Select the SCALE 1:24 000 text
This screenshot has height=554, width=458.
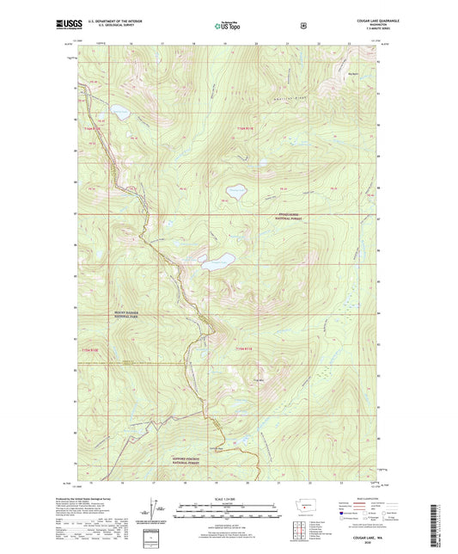229,498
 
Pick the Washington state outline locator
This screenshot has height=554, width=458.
309,502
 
